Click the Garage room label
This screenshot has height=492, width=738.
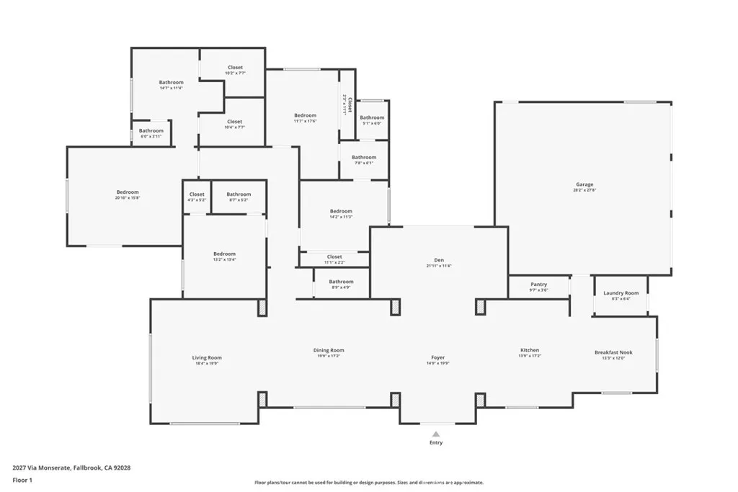click(584, 184)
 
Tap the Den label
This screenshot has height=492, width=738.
click(438, 260)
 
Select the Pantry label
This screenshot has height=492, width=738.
click(538, 285)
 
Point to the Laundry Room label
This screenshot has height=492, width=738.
click(621, 293)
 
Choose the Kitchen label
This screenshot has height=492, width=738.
click(530, 350)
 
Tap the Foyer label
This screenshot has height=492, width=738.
click(437, 357)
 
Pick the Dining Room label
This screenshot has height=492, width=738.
click(329, 350)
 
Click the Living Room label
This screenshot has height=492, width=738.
click(207, 357)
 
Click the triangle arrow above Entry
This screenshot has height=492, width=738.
click(435, 434)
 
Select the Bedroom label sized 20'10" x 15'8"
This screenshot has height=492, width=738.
click(128, 192)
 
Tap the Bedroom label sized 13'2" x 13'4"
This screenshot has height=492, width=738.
click(224, 254)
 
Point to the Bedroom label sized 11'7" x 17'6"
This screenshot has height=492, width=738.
click(305, 115)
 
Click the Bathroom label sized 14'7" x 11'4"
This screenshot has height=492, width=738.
click(171, 82)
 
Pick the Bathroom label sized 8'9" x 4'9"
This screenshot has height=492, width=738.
click(341, 282)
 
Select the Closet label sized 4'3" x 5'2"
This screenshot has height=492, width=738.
click(197, 194)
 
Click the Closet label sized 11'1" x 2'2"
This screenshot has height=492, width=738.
click(334, 256)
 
